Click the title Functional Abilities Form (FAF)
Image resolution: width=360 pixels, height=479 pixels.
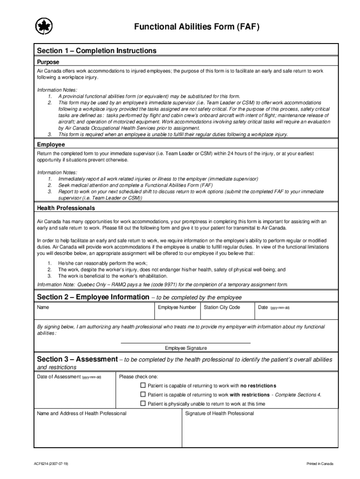tap(196, 27)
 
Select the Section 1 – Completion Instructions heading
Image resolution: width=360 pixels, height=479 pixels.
tap(97, 51)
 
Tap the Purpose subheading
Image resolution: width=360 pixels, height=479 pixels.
tap(48, 62)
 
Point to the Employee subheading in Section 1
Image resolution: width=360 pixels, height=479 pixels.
tap(51, 145)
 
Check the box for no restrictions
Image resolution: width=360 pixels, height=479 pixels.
tap(144, 385)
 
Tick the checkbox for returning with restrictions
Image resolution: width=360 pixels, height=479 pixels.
tap(144, 394)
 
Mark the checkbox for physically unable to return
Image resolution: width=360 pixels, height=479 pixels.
tap(144, 403)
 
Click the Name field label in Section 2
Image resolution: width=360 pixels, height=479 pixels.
tap(43, 307)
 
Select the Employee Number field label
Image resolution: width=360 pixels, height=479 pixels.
tap(177, 307)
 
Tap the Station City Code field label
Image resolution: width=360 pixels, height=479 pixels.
tap(222, 307)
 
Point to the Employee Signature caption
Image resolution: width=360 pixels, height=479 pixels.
tap(186, 348)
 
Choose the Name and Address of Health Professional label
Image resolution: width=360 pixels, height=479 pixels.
tap(82, 414)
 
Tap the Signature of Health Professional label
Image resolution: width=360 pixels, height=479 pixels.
tap(219, 414)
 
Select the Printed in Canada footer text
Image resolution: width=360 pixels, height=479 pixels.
tap(320, 464)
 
